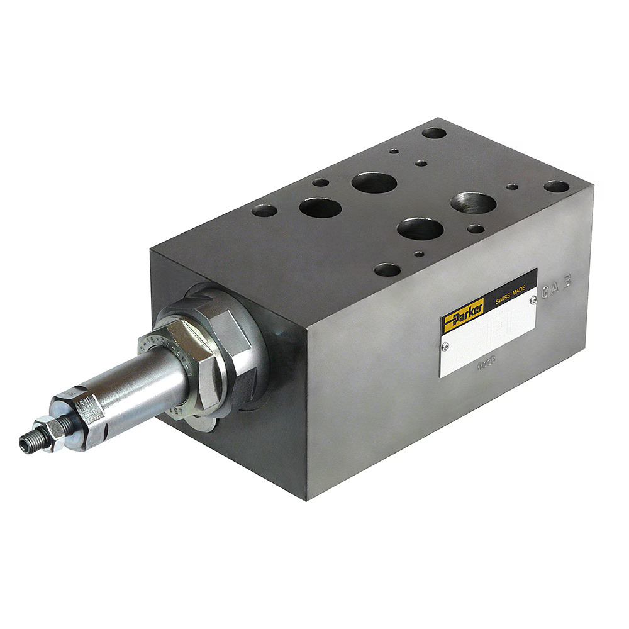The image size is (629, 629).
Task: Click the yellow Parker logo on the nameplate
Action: [462, 314]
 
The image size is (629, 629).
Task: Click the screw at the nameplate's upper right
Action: [533, 300]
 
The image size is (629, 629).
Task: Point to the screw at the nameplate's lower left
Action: [445, 344]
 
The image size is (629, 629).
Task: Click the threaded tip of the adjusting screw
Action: [27, 444]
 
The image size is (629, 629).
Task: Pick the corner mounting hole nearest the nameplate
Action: [387, 270]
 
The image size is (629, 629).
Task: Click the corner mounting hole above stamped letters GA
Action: [556, 186]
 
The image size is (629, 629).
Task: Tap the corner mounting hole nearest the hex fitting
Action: [265, 210]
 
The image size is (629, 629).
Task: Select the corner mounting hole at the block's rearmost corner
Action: [434, 133]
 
